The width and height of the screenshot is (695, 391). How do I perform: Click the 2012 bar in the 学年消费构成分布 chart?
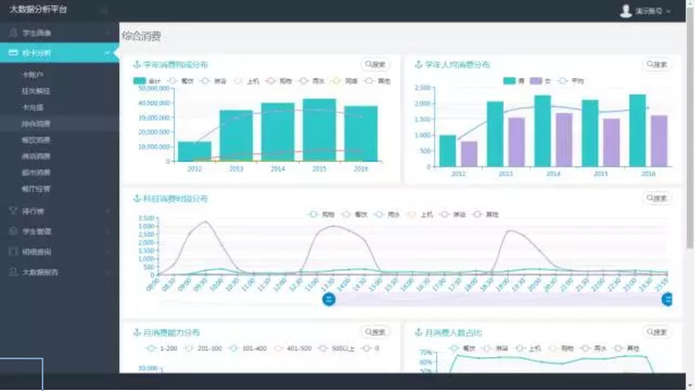click(x=195, y=151)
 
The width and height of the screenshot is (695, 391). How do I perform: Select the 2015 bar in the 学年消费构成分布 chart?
click(x=319, y=130)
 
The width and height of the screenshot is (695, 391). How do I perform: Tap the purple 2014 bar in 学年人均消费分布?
click(x=564, y=140)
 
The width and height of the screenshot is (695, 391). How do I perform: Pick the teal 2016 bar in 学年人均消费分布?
click(x=637, y=130)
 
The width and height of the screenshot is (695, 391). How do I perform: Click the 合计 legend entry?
click(x=147, y=81)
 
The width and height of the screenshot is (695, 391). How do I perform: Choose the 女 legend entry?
click(x=540, y=81)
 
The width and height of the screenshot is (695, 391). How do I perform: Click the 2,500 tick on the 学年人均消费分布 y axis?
click(x=423, y=88)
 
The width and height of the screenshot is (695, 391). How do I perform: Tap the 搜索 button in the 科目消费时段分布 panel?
click(x=657, y=198)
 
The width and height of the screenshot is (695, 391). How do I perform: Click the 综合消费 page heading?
click(x=142, y=37)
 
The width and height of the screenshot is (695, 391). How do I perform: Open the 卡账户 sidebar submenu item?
click(x=33, y=74)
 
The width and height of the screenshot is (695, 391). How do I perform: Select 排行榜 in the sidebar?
click(x=33, y=211)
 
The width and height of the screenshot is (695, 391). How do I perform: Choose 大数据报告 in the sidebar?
click(x=40, y=272)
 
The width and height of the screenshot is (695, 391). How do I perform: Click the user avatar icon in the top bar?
click(x=626, y=11)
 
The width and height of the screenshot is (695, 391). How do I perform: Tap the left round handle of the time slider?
click(x=329, y=300)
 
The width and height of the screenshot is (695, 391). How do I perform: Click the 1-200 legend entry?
click(x=161, y=349)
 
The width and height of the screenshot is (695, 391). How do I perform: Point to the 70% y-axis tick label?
click(x=426, y=353)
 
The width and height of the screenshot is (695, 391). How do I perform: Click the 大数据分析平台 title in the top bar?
click(x=38, y=10)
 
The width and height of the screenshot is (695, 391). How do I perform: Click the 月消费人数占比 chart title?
click(x=453, y=333)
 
